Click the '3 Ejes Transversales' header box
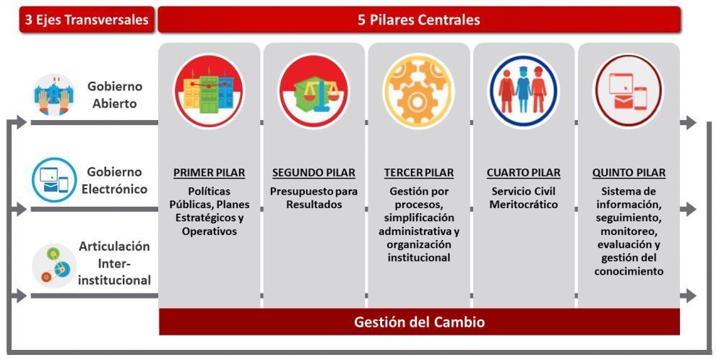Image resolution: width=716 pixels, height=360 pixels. tap(87, 20)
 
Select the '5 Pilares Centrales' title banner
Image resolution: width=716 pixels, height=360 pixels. tap(418, 20)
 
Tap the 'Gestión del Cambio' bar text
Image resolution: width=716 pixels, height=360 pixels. tap(419, 322)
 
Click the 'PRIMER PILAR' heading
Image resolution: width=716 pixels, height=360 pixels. tap(209, 173)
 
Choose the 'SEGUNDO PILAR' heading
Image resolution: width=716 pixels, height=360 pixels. tap(314, 173)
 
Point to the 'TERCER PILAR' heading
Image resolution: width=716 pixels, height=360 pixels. tap(419, 173)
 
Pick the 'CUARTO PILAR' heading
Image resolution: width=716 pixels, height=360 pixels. tap(524, 173)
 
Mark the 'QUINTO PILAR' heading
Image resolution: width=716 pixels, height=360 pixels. tap(629, 173)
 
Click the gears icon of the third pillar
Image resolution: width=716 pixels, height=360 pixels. tap(419, 91)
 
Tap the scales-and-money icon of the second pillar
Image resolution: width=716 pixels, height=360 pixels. tap(314, 91)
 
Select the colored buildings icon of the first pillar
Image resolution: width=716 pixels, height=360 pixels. tap(209, 91)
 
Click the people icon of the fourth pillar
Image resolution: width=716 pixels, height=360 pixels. tap(524, 91)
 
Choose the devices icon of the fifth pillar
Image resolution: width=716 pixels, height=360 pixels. tap(629, 91)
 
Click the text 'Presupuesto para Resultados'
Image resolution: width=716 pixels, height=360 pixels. tap(314, 198)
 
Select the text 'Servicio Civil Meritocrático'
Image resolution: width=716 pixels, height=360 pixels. tap(524, 198)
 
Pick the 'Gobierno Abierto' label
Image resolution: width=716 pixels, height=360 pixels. tap(115, 94)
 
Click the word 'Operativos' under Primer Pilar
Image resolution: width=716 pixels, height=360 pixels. tap(209, 231)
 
